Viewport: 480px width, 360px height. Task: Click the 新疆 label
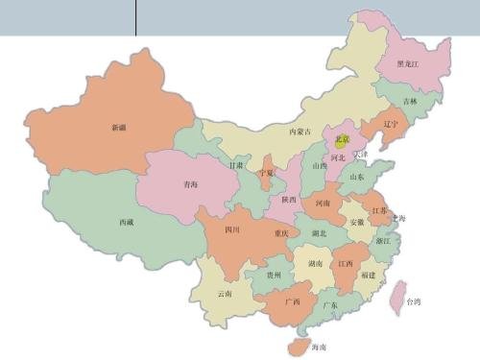[118, 127]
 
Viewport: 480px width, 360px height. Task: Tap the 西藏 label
[126, 222]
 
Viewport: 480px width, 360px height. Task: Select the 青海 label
[190, 184]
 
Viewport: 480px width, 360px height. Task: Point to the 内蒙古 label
[300, 132]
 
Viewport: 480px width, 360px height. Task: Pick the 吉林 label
[410, 101]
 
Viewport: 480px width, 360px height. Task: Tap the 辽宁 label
[390, 124]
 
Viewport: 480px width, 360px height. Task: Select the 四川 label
[232, 230]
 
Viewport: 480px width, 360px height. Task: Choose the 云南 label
[225, 293]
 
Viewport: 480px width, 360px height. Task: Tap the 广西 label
[294, 301]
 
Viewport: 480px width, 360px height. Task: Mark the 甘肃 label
[236, 165]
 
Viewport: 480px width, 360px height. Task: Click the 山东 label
[356, 177]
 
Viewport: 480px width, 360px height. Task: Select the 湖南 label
[315, 262]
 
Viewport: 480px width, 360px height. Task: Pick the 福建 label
[369, 275]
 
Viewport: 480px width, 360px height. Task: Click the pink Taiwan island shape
[396, 298]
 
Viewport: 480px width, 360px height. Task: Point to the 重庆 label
[280, 233]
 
